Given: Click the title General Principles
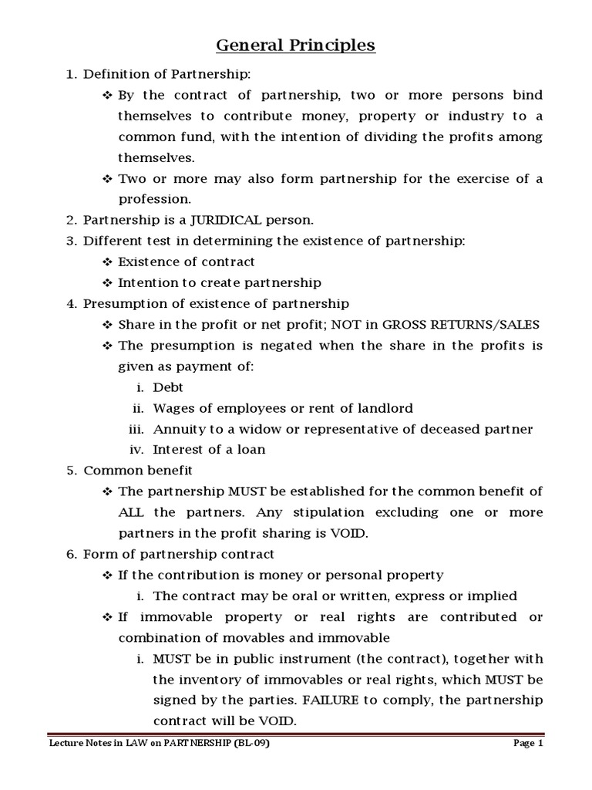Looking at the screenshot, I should (x=295, y=46).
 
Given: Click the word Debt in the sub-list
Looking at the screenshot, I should (x=168, y=387).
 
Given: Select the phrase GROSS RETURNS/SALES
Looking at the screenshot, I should (x=473, y=324).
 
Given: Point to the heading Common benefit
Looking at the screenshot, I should (x=138, y=470).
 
